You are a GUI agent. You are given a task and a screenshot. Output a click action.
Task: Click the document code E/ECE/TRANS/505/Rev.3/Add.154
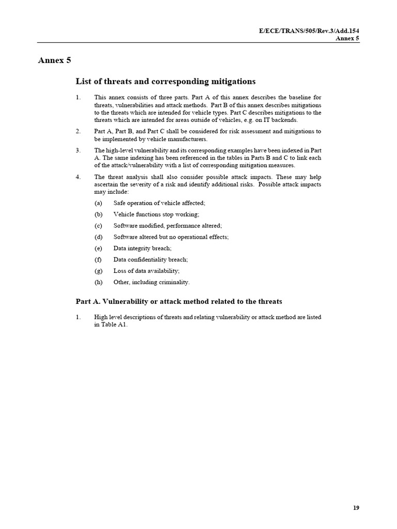point(309,32)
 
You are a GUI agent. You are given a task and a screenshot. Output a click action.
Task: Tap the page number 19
point(356,508)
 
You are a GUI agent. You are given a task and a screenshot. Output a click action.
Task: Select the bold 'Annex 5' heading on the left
point(54,60)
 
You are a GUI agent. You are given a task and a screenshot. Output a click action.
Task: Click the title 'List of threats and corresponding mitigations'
point(165,82)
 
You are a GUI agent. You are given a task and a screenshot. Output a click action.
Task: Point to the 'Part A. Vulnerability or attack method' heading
point(179,301)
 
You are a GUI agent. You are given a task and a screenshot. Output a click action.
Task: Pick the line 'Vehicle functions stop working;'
point(156,214)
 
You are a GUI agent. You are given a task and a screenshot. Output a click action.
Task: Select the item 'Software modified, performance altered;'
point(167,226)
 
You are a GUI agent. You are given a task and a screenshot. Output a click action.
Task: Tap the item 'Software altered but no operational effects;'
point(171,237)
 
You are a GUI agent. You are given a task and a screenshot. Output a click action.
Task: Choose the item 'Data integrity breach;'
point(142,248)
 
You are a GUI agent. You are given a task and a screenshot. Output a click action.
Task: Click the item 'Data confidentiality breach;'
point(150,259)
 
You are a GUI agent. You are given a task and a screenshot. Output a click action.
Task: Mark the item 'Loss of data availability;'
point(146,271)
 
